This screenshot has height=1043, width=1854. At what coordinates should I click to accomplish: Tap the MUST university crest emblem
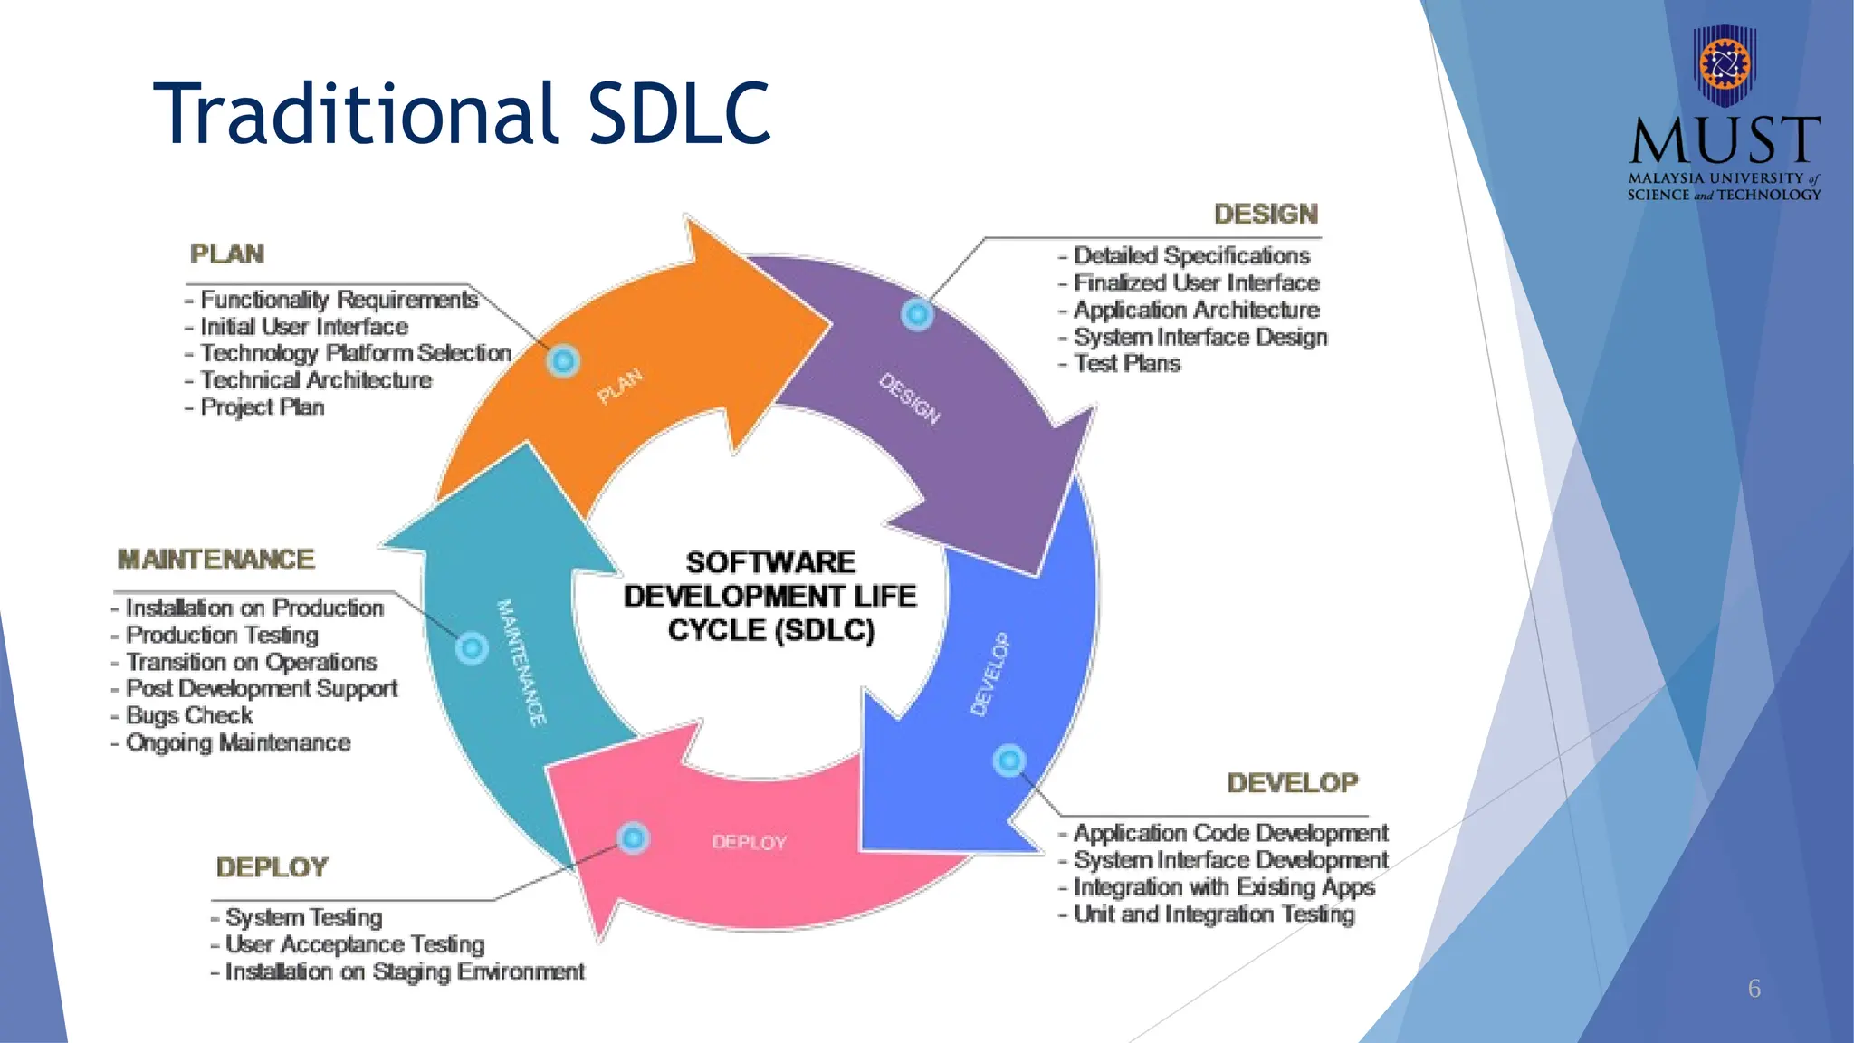[1725, 65]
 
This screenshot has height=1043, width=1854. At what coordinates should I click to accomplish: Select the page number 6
[1754, 989]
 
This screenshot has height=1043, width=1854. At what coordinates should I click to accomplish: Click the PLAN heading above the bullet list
[227, 254]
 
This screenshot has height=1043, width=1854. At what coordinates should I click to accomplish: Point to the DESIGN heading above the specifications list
[1266, 215]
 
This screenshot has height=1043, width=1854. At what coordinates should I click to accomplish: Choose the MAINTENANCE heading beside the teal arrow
[216, 560]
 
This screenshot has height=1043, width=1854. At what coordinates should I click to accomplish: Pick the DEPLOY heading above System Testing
[272, 867]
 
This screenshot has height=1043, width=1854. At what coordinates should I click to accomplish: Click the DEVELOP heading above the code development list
[1293, 783]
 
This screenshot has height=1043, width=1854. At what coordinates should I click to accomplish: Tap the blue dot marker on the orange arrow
[563, 361]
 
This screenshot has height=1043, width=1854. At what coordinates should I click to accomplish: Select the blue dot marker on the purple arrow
[917, 314]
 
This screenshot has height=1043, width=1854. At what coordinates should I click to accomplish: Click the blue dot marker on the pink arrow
[634, 838]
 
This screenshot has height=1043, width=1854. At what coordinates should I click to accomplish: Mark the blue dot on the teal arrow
[472, 648]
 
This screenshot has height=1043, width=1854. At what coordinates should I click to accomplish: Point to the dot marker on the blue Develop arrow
[1009, 761]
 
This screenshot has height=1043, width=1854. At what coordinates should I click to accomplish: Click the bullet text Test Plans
[1126, 364]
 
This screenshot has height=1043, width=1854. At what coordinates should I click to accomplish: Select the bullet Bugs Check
[189, 715]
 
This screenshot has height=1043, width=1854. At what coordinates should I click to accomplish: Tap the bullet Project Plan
[262, 407]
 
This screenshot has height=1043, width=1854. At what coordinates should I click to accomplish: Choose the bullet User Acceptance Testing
[355, 944]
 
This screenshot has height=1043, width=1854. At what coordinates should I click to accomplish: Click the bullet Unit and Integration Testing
[1213, 914]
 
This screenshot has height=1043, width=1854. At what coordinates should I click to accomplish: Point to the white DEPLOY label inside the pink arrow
[749, 842]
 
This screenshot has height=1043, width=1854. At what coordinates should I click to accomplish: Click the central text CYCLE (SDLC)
[771, 630]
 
